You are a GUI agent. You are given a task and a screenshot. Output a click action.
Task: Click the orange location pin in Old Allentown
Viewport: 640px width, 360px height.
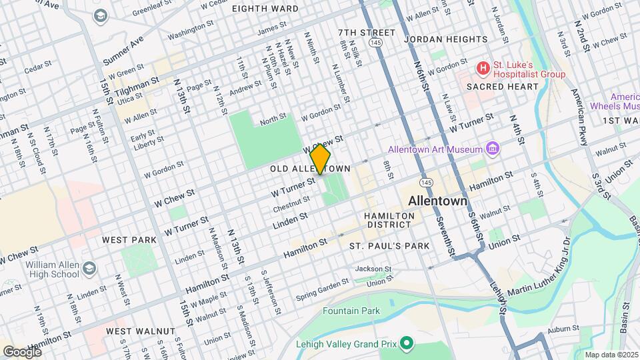click(x=320, y=158)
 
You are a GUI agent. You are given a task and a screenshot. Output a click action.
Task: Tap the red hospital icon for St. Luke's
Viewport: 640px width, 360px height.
click(x=482, y=69)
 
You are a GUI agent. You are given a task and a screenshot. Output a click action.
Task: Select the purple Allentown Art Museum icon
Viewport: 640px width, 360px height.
click(x=493, y=147)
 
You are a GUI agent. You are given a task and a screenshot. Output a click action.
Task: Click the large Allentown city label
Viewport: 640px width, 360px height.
click(x=437, y=201)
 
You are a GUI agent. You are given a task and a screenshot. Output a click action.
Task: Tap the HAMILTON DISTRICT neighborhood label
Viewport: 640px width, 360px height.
click(x=389, y=220)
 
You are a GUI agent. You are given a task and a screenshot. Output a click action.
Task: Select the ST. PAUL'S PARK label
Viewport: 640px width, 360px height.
click(x=390, y=246)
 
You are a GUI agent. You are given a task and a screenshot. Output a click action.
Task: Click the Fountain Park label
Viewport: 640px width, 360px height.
click(x=351, y=311)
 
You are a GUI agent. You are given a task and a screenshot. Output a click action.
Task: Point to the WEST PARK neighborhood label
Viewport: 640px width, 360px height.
click(x=129, y=239)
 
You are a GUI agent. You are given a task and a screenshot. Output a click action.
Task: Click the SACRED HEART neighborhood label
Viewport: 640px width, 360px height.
click(x=502, y=87)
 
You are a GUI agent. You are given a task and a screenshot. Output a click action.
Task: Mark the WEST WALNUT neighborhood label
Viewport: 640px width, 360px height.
click(x=140, y=331)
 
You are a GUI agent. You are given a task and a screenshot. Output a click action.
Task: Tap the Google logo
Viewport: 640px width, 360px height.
click(x=22, y=351)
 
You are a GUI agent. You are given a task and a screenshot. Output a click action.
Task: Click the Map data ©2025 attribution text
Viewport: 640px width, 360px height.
click(x=610, y=355)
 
